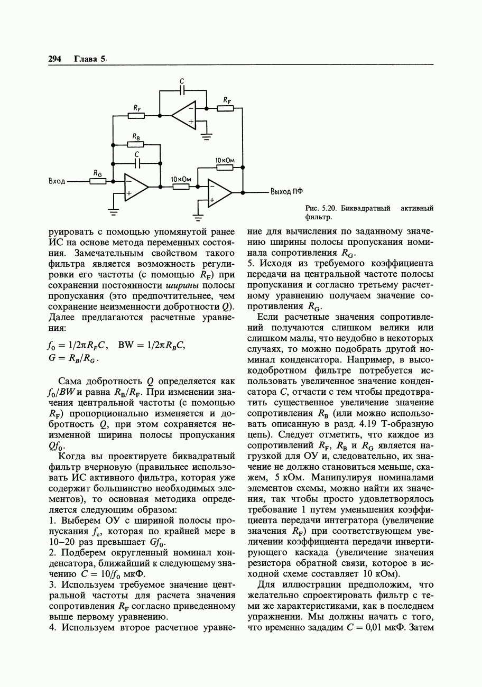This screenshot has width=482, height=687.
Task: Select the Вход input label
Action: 57,181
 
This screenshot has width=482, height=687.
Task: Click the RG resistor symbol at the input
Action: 98,181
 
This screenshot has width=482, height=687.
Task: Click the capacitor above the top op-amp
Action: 182,90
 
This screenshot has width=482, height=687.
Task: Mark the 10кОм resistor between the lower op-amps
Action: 181,187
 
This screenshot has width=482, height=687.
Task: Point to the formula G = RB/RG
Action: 73,358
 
